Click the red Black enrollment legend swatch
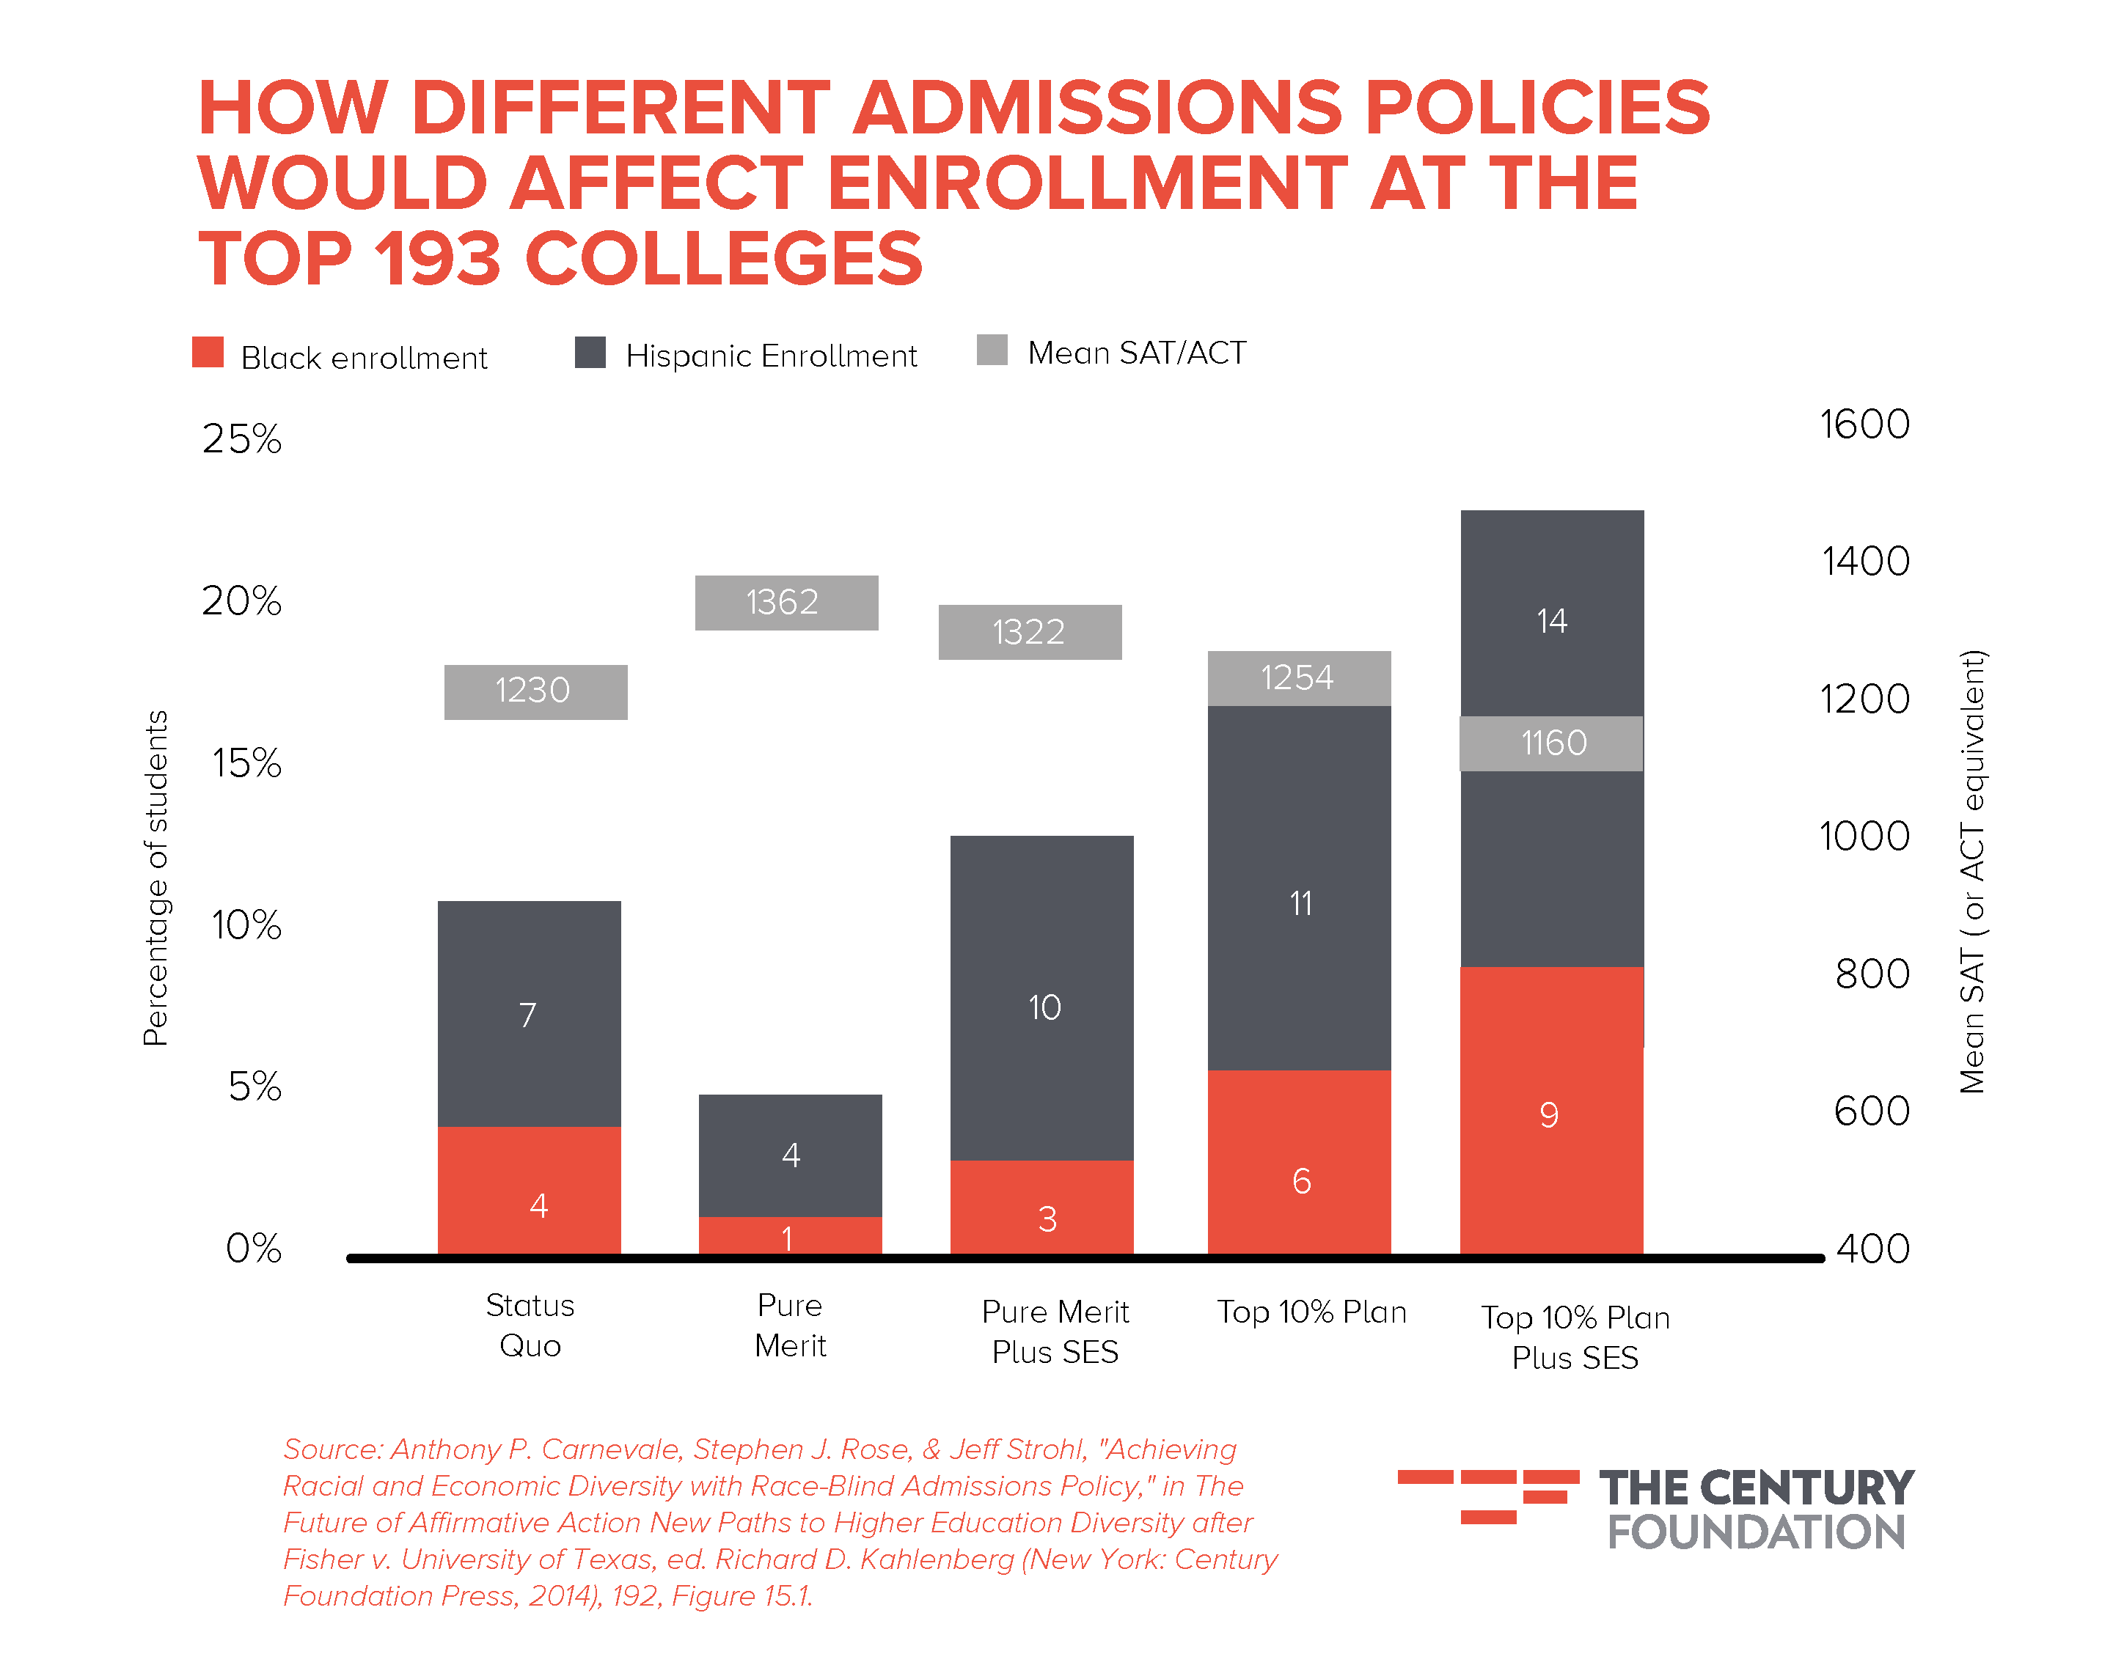208,352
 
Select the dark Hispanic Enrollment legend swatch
590,352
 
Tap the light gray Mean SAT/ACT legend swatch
992,350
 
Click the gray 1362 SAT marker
786,603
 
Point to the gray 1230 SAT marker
535,692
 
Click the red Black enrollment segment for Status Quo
529,1189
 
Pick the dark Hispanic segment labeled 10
1041,997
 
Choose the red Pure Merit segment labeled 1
790,1235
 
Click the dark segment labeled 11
1299,887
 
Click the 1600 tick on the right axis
1864,424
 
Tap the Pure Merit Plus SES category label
1055,1331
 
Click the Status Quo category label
530,1325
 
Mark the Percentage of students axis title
156,878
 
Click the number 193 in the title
438,260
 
